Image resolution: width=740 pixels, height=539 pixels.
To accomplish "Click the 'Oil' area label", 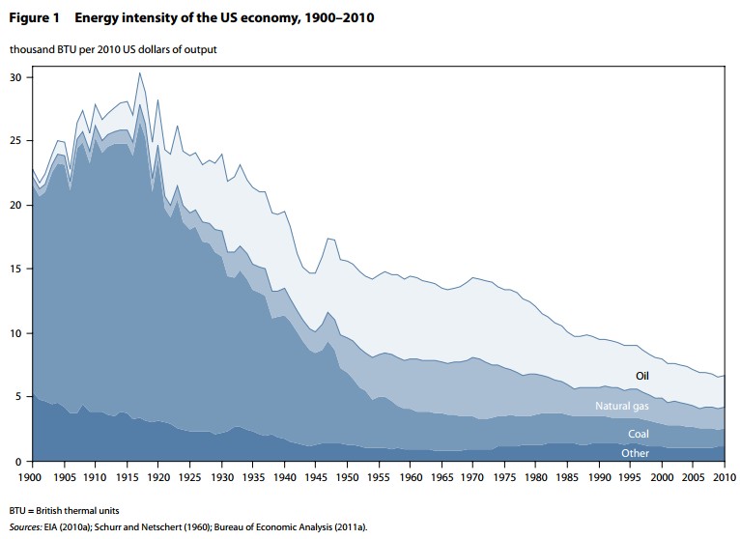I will pos(642,376).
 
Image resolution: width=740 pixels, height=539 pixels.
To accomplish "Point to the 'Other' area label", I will pos(636,453).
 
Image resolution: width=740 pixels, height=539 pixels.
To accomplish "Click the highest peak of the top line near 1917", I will pos(139,72).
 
